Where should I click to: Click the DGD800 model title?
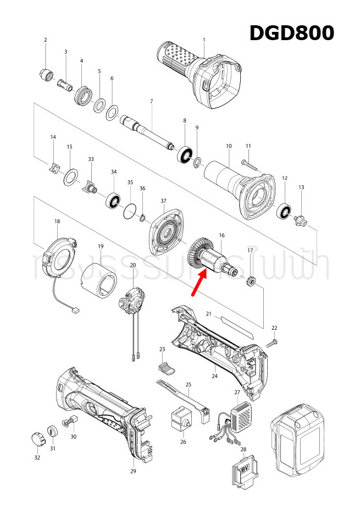291,33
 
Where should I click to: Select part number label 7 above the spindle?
151,101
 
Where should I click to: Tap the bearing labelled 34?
114,200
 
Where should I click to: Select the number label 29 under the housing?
132,472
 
